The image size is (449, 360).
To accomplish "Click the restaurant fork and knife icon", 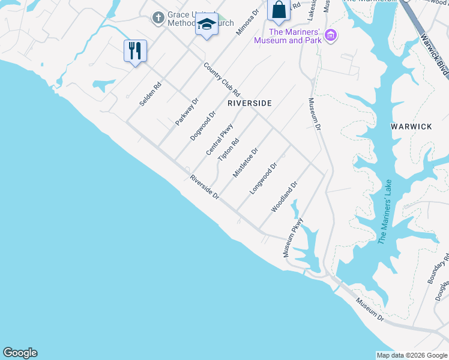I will tap(135, 50).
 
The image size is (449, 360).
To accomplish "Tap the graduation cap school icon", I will tap(206, 25).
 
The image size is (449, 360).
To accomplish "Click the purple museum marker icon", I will tap(330, 36).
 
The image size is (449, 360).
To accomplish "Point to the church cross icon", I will tap(158, 18).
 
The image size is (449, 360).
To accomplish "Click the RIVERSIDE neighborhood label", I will tap(250, 103).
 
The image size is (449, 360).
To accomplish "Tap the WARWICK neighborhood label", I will tap(411, 127).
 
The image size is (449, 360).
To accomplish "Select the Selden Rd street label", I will tap(151, 94).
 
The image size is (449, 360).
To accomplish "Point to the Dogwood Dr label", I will tap(203, 126).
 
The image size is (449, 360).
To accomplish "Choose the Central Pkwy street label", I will tap(219, 139).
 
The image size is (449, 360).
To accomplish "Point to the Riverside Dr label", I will tap(205, 188).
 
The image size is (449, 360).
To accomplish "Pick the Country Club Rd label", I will tap(221, 80).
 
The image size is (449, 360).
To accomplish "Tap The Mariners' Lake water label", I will tap(385, 211).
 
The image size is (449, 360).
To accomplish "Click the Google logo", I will tap(20, 353).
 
